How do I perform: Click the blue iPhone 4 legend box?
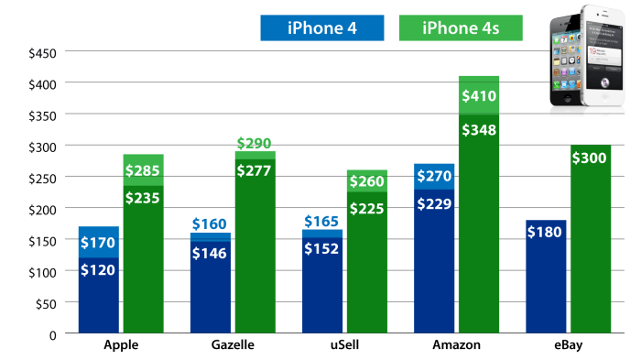click(x=322, y=27)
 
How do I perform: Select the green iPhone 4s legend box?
click(x=461, y=27)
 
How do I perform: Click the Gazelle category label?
click(x=230, y=345)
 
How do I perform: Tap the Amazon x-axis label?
click(x=454, y=345)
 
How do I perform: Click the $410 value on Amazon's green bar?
click(x=479, y=95)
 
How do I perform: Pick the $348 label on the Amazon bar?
click(x=479, y=129)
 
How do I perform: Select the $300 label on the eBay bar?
click(x=591, y=158)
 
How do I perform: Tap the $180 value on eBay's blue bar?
click(x=547, y=233)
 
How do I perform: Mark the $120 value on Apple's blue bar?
click(x=98, y=272)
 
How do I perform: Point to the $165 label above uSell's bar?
click(x=322, y=221)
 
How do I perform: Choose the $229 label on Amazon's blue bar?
click(x=434, y=203)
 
